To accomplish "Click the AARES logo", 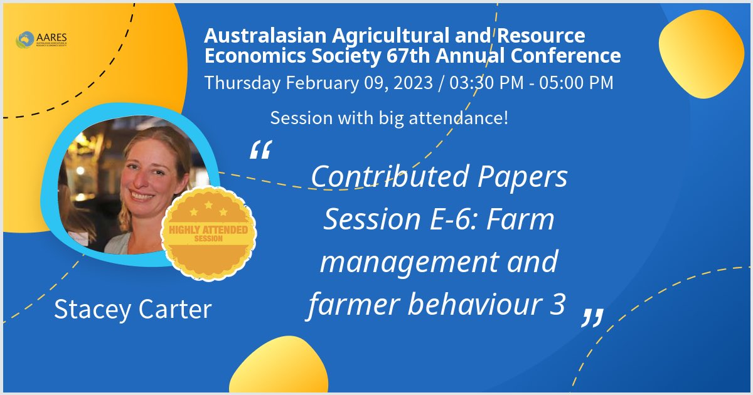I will [x=42, y=39].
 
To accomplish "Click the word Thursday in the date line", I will [x=242, y=82].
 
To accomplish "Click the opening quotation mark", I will [x=260, y=150].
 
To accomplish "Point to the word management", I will [x=398, y=262].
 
